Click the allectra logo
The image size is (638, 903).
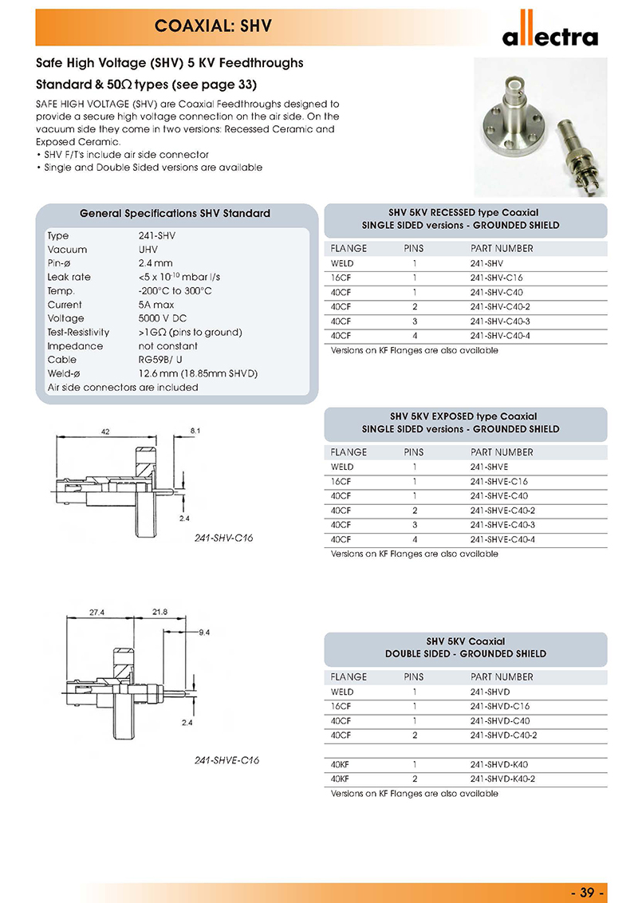click(549, 34)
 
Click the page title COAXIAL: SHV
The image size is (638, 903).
click(214, 26)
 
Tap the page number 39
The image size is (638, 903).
click(589, 890)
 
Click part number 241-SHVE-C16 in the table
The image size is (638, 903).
click(499, 481)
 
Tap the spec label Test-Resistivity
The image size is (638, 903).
click(78, 332)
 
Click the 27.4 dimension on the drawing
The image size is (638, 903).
click(97, 612)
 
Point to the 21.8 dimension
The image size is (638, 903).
click(159, 612)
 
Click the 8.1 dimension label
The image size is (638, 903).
click(196, 431)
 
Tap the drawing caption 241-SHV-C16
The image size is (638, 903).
click(223, 538)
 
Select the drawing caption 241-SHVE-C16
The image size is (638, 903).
click(226, 760)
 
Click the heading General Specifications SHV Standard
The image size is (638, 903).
click(175, 214)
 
